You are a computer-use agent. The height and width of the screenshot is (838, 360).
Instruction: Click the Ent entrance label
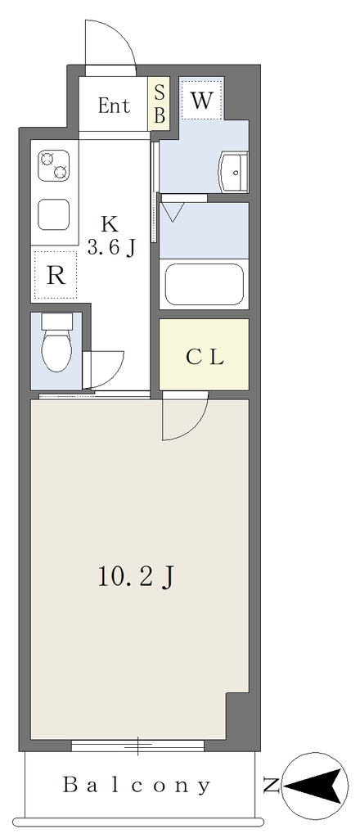point(114,106)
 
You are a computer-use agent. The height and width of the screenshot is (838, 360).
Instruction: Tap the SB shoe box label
point(160,104)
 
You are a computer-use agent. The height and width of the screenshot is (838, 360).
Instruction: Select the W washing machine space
point(201,100)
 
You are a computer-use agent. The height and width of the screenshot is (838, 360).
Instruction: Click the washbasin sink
point(233,172)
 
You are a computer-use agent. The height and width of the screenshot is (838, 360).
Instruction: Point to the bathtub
point(205,284)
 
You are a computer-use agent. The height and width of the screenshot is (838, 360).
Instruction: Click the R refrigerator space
point(56,275)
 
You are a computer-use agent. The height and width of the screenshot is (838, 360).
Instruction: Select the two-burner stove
point(54,165)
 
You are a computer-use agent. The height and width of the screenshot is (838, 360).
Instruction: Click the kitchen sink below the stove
point(54,214)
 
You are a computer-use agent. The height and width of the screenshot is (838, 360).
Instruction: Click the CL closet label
point(205,358)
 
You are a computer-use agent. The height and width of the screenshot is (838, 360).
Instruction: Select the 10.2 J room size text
point(137,577)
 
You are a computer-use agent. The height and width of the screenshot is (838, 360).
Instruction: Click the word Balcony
point(137,786)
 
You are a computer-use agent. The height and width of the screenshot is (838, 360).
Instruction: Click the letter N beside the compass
point(272,786)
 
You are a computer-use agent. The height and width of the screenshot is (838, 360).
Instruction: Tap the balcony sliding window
point(137,745)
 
